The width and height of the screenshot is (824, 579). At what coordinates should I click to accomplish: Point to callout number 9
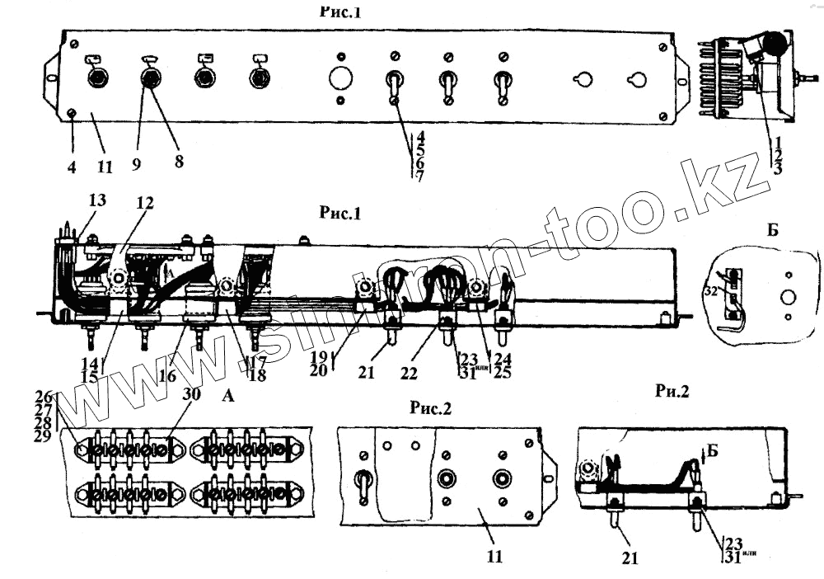click(137, 164)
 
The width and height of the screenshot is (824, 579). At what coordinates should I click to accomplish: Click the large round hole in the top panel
click(339, 78)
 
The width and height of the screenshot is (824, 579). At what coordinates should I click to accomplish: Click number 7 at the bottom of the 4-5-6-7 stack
click(420, 176)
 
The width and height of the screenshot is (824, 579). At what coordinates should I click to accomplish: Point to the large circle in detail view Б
click(787, 297)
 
